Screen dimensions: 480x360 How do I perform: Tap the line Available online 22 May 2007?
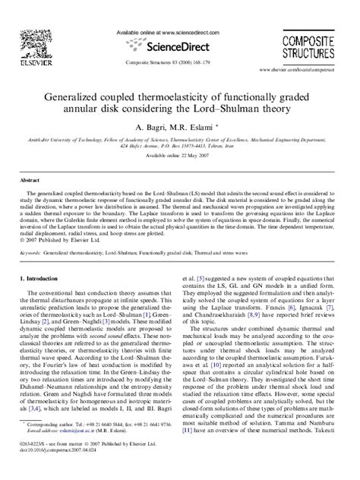click(x=178, y=176)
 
